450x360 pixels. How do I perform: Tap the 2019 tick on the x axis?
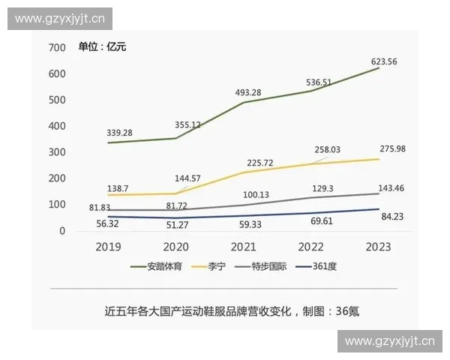tap(109, 247)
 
